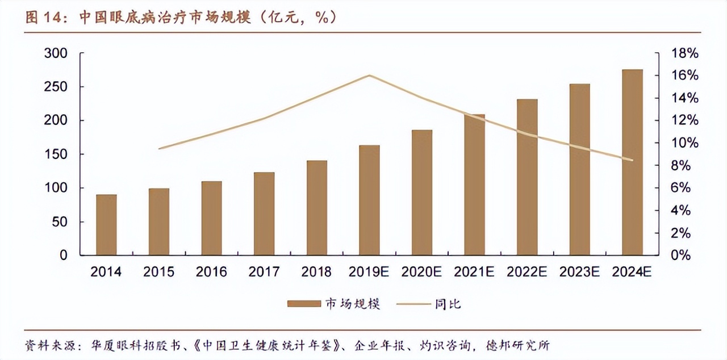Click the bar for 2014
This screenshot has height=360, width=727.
106,225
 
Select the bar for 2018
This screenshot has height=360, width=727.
317,208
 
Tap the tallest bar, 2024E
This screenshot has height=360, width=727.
632,162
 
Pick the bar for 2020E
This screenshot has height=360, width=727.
422,192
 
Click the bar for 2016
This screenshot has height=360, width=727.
212,218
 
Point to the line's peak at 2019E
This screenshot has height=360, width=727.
369,75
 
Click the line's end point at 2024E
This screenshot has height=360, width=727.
632,160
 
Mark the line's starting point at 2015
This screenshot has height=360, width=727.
159,149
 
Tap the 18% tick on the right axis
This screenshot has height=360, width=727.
684,53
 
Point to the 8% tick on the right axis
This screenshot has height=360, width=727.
684,166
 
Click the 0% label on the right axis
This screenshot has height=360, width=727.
684,256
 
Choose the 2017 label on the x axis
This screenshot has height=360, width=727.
264,273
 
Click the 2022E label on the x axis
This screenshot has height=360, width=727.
527,273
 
